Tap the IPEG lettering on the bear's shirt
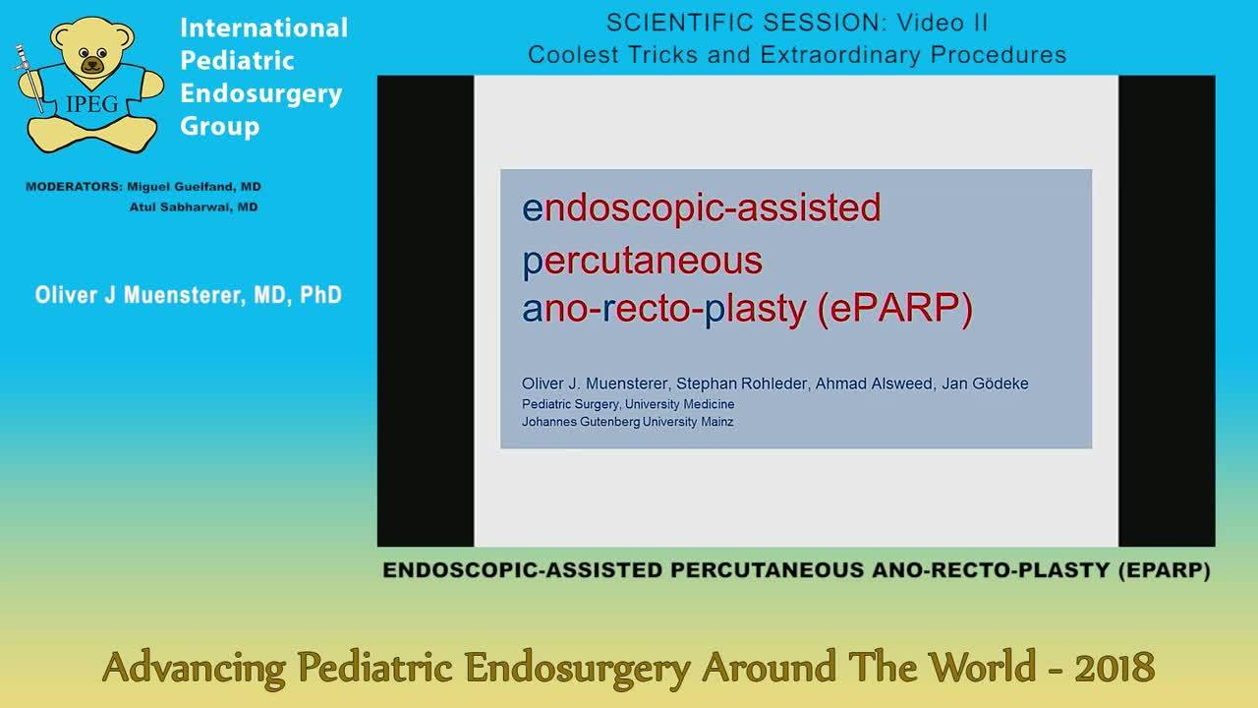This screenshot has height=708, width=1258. [x=92, y=104]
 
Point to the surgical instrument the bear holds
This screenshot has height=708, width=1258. [x=29, y=78]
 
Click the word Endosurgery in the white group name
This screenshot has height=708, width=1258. [x=261, y=93]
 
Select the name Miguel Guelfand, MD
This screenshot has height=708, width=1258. [x=194, y=187]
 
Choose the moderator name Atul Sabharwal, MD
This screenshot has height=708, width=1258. [x=194, y=207]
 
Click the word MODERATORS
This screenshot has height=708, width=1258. [x=73, y=187]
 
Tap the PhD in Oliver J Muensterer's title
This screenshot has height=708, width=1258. [x=320, y=295]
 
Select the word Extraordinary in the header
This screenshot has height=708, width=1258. [x=839, y=54]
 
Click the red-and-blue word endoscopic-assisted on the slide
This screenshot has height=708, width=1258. [x=702, y=207]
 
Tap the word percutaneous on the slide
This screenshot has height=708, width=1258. [x=643, y=262]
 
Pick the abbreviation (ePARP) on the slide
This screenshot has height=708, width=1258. [x=895, y=309]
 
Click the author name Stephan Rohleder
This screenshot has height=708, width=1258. [x=741, y=383]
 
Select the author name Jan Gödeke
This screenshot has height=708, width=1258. [x=985, y=383]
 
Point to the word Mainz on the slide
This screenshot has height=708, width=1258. [x=717, y=422]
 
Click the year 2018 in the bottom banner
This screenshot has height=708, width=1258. [x=1115, y=668]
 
